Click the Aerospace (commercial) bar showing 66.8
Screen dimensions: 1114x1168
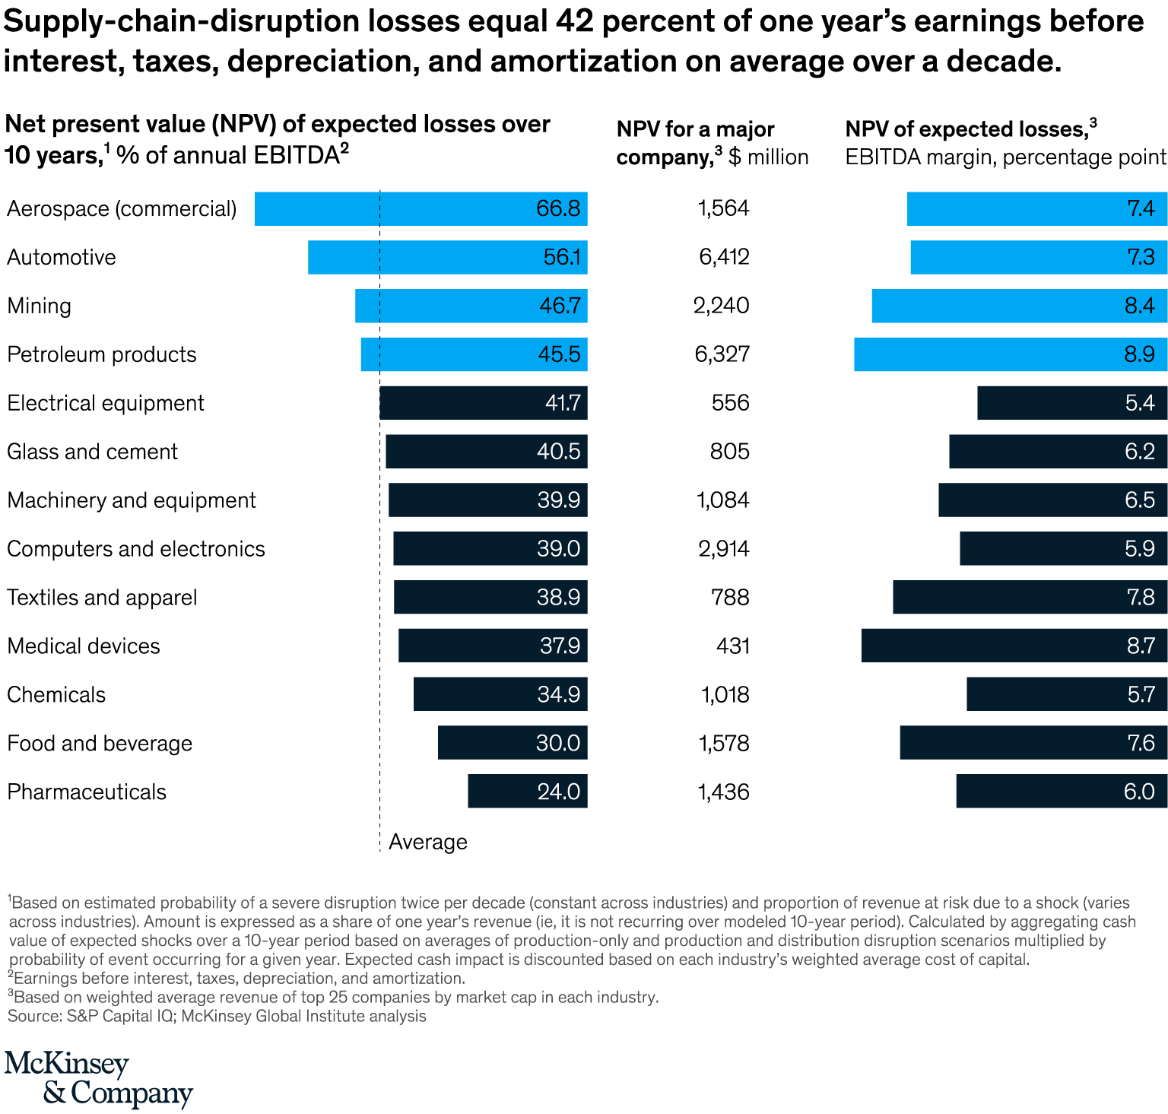[421, 208]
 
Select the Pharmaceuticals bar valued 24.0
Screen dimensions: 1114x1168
[527, 791]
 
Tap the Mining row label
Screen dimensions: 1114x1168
[39, 306]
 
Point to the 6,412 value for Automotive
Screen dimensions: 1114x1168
[724, 257]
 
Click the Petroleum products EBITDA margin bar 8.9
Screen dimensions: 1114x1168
[1010, 354]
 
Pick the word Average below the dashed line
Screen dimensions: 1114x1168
[428, 842]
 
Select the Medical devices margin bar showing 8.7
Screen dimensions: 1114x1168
[1014, 646]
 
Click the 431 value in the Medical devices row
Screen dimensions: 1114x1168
[733, 646]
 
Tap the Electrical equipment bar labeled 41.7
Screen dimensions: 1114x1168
[483, 403]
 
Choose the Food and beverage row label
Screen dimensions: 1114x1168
[100, 743]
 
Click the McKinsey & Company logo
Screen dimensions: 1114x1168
[98, 1080]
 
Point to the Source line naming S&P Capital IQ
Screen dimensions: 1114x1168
[217, 1016]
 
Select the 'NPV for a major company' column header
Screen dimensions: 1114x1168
[712, 143]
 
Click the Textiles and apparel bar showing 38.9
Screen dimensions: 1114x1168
[490, 597]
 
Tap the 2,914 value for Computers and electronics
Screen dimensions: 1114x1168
[724, 549]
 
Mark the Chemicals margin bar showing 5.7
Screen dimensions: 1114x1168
[1066, 694]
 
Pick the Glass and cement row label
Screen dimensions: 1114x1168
[92, 452]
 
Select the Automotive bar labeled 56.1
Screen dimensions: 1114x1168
[447, 257]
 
